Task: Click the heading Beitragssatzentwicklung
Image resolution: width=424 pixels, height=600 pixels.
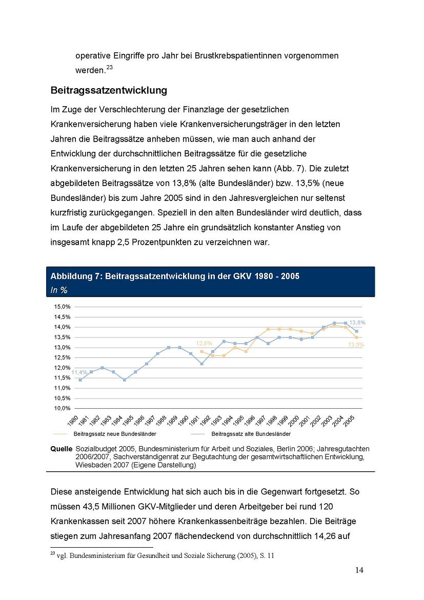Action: (x=109, y=90)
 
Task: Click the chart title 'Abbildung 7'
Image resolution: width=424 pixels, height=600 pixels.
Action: (x=175, y=276)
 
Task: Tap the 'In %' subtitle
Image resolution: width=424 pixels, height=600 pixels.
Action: (x=59, y=290)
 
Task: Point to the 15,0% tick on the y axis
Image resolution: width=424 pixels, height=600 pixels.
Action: (x=62, y=307)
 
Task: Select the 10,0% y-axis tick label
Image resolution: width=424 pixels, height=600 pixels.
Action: (x=62, y=408)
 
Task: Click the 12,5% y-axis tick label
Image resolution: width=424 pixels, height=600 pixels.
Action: (x=62, y=357)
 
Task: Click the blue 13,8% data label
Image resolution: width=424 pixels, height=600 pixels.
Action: (x=357, y=323)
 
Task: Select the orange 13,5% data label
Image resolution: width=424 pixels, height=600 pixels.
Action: (x=356, y=345)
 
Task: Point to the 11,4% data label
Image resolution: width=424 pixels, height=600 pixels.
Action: (x=79, y=372)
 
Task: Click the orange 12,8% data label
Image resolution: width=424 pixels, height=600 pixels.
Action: (x=204, y=343)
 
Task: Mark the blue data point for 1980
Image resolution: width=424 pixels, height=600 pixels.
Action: (x=80, y=380)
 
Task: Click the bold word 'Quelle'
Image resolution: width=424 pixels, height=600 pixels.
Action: (x=61, y=449)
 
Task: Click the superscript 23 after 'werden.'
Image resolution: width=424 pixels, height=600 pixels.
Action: (x=109, y=67)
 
